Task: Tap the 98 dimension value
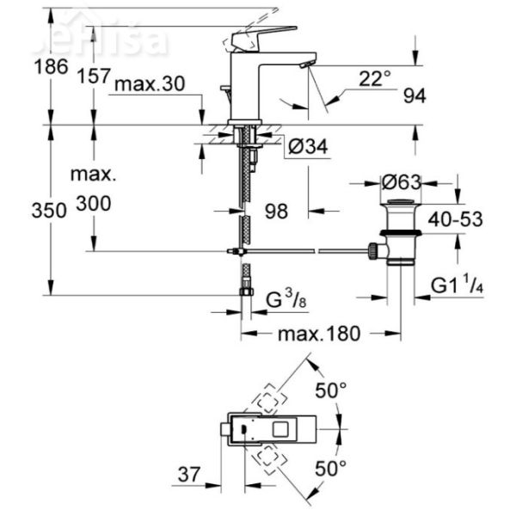point(275,210)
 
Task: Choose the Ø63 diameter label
point(402,183)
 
